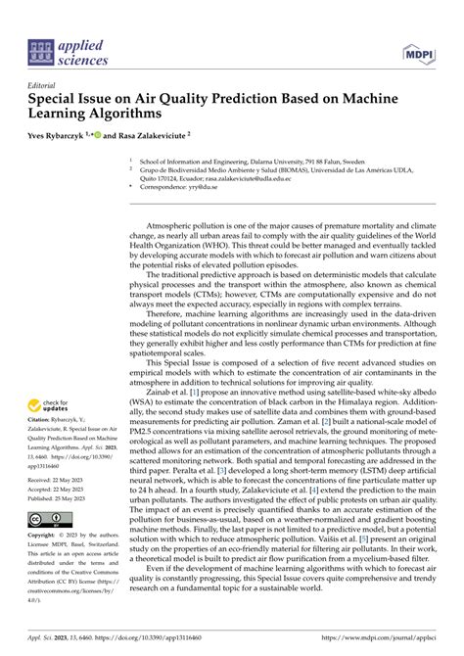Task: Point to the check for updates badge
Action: [48, 404]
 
